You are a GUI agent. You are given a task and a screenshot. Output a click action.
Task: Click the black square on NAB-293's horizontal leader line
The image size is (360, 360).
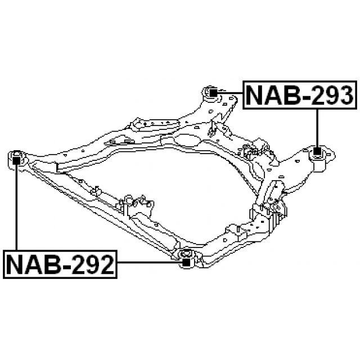(x=214, y=93)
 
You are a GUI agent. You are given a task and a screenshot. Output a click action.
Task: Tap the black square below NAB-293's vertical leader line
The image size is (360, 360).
(x=317, y=151)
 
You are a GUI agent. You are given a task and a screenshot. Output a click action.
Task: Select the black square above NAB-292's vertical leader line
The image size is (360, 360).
(x=16, y=160)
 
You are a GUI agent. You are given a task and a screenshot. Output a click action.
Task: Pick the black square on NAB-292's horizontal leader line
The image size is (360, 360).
(x=186, y=262)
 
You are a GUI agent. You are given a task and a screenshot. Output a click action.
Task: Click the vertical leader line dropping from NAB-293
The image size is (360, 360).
(x=317, y=128)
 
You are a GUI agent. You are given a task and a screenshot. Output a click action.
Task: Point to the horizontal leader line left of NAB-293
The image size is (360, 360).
(x=230, y=93)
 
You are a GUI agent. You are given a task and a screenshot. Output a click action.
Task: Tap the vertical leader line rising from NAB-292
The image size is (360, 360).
(x=16, y=207)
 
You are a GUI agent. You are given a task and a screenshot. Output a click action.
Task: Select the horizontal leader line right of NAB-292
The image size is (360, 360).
(x=150, y=262)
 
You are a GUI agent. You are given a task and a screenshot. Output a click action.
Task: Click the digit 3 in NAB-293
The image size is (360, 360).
(x=344, y=95)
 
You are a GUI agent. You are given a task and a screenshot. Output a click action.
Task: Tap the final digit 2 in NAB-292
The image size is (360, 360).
(x=105, y=264)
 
